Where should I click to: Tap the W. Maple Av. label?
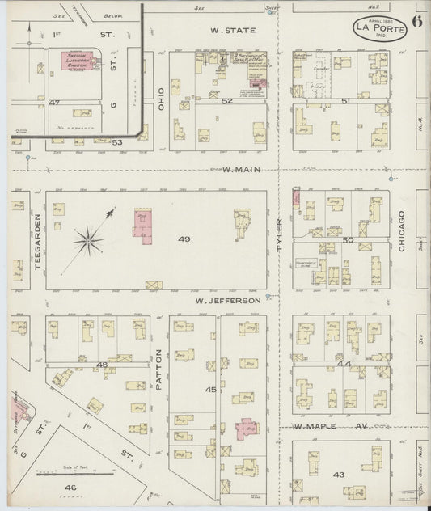point(319,426)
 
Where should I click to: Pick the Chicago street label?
point(402,236)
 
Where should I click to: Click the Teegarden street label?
point(37,241)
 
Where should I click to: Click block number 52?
point(227,100)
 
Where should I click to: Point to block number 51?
point(345,100)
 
